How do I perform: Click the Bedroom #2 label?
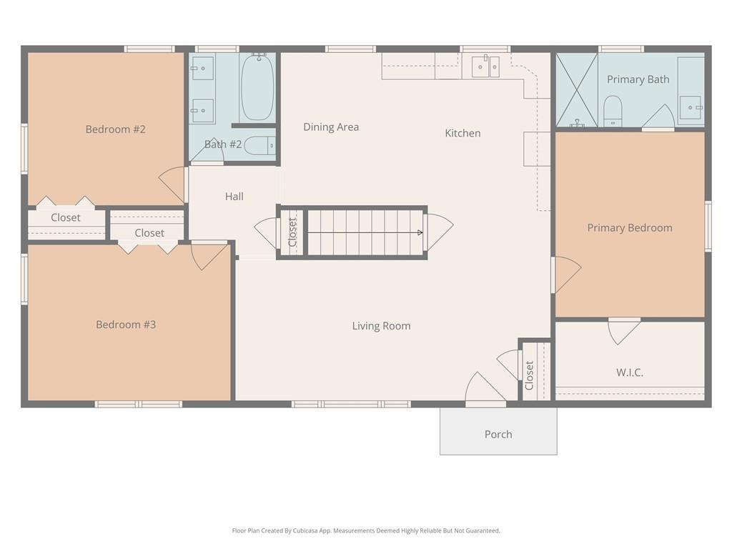115,129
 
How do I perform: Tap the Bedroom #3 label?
126,325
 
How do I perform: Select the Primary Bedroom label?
629,228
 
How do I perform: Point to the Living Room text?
381,326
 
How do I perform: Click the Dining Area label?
331,127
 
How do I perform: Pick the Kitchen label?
463,133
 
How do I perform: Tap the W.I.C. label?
629,372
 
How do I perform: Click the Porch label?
498,434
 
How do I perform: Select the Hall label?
234,197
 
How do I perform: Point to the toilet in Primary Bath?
613,111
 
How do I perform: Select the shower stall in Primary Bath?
576,90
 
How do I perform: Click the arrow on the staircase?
419,232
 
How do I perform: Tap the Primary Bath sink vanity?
691,107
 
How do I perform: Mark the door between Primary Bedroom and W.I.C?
623,330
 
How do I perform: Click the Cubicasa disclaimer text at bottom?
366,530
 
